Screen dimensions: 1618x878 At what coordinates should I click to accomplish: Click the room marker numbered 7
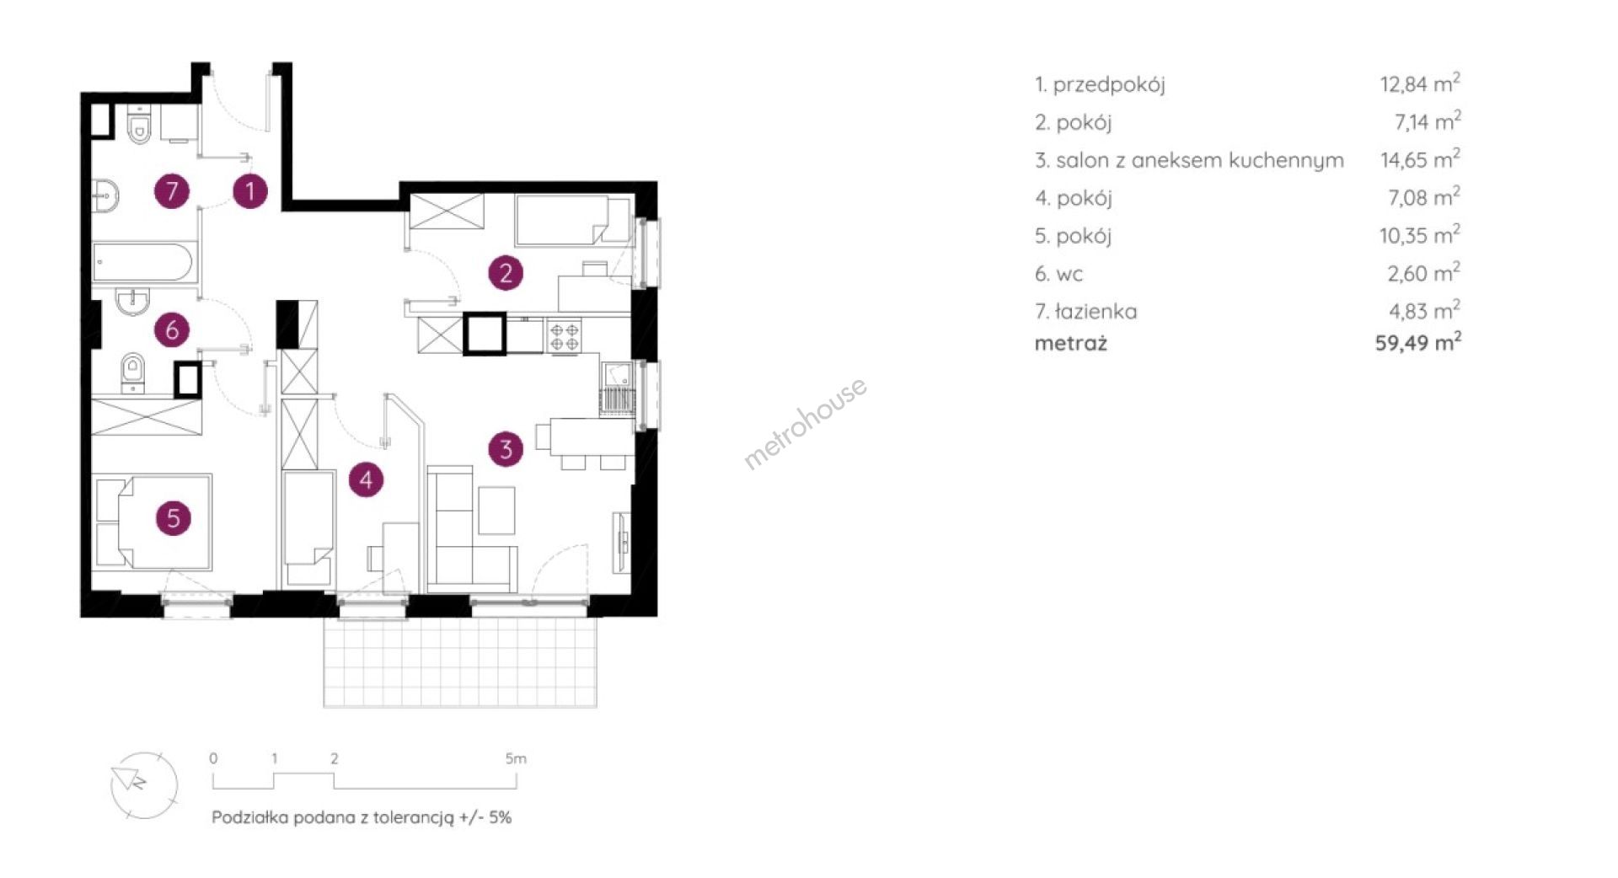[172, 191]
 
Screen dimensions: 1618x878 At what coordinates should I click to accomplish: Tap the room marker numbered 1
[249, 191]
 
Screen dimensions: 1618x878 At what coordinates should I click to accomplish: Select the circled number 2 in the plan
[506, 272]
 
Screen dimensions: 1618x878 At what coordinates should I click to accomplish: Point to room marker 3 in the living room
[506, 448]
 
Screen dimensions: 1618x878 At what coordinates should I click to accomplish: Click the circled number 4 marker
[366, 479]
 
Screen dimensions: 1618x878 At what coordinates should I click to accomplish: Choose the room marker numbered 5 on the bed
[173, 517]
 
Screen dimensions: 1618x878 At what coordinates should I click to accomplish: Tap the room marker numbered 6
[172, 329]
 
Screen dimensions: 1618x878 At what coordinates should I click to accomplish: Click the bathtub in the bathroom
[144, 263]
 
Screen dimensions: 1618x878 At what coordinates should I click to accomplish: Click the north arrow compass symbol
[144, 784]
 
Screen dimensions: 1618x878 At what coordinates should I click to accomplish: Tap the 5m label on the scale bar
[516, 758]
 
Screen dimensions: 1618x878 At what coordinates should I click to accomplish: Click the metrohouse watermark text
[805, 423]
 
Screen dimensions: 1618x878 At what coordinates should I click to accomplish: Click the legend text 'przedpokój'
[1109, 84]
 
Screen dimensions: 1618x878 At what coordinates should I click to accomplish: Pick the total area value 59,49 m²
[1418, 342]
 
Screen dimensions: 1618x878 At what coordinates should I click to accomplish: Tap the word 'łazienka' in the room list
[1096, 311]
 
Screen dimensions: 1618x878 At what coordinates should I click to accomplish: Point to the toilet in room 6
[133, 374]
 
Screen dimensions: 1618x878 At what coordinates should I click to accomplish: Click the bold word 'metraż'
[1071, 343]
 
